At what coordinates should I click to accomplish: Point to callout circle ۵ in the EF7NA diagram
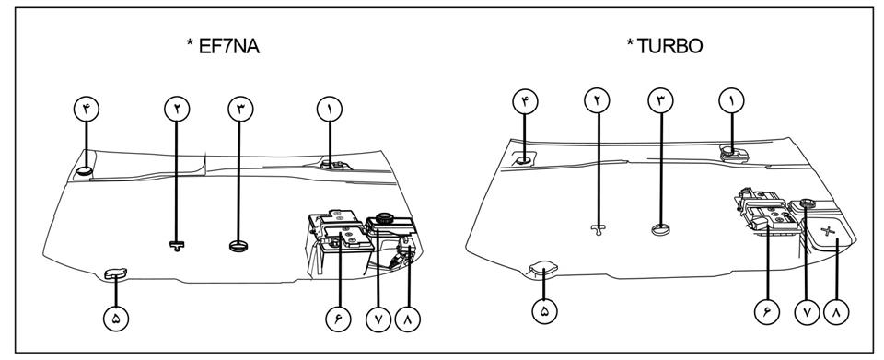[116, 319]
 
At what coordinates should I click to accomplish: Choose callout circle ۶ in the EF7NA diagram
[338, 319]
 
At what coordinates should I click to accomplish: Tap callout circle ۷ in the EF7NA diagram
[378, 319]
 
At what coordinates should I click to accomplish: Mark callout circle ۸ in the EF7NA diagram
[408, 319]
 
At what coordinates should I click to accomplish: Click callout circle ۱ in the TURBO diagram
[731, 101]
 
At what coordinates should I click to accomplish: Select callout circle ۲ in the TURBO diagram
[597, 101]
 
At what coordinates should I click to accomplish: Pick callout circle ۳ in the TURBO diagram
[661, 101]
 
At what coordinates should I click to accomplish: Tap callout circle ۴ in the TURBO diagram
[525, 101]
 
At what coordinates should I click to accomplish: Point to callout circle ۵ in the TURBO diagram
[544, 311]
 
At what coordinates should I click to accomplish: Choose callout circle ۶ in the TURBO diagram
[767, 311]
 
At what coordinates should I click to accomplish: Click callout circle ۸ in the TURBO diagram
[837, 311]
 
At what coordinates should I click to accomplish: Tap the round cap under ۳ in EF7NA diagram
[238, 246]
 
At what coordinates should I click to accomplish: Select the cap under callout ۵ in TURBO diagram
[542, 269]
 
